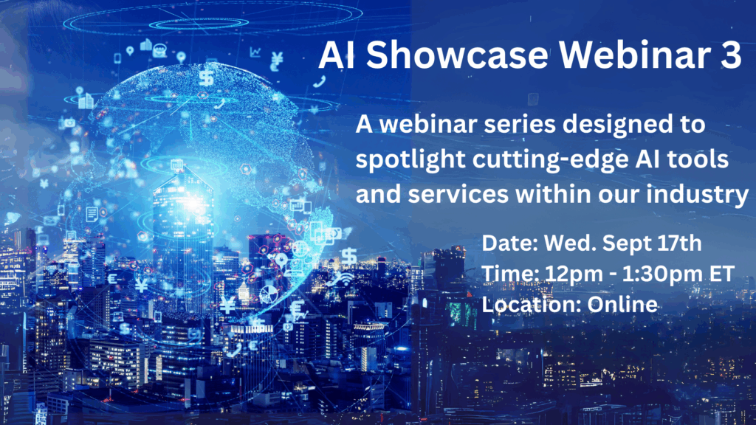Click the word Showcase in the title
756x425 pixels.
click(x=457, y=54)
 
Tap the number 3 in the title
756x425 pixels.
click(x=732, y=54)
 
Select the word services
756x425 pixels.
click(x=458, y=195)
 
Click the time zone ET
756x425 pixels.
click(x=722, y=273)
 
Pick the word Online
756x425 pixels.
click(x=622, y=305)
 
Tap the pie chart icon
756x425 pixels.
click(x=269, y=294)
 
